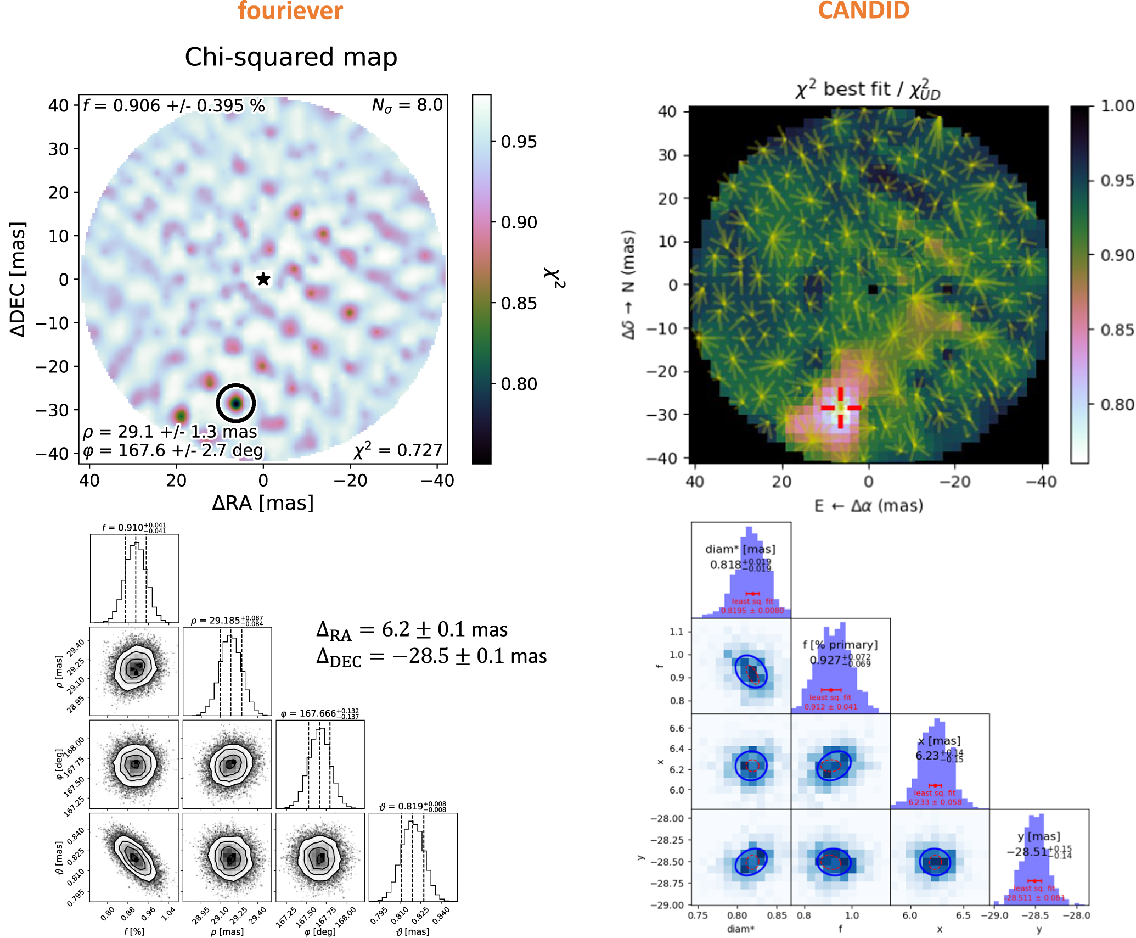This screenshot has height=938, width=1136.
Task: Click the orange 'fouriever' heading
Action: tap(290, 11)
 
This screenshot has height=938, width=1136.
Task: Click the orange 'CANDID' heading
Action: tap(863, 11)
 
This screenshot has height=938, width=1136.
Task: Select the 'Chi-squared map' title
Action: tap(291, 57)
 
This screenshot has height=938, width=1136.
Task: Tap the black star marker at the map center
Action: tap(263, 279)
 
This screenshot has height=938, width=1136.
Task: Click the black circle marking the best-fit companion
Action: tap(236, 403)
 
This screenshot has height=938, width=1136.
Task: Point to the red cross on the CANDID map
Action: tap(841, 407)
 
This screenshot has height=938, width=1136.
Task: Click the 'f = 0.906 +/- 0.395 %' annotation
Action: tap(173, 105)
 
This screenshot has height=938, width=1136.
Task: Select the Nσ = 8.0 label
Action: tap(407, 105)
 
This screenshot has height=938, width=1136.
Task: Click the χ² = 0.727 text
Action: tap(398, 450)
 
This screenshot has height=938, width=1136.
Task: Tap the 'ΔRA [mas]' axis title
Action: tap(263, 503)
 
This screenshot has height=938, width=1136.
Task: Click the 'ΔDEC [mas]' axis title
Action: tap(18, 279)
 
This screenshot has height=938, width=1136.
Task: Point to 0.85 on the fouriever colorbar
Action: tap(519, 303)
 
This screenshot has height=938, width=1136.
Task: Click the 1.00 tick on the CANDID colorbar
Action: tap(1117, 106)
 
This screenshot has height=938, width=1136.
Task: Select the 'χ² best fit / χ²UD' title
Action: tap(868, 89)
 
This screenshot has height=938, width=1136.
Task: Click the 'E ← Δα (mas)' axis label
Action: tap(868, 505)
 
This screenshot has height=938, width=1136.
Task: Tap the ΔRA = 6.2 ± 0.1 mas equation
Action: tap(412, 630)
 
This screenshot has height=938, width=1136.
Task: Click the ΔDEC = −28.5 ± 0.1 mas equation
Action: tap(431, 657)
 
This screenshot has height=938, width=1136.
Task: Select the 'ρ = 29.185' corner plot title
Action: tap(227, 621)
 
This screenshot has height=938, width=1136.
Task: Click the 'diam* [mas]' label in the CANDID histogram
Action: tap(740, 549)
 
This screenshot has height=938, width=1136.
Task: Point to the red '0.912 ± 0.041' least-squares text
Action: tap(830, 707)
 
